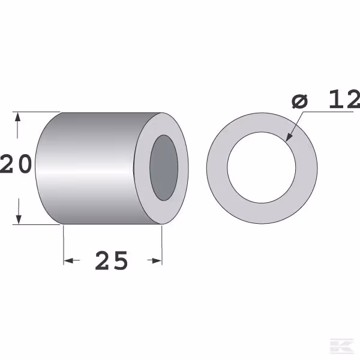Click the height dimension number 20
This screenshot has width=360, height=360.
click(x=16, y=163)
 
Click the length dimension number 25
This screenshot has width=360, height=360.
click(x=112, y=260)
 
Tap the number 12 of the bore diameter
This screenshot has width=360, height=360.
click(x=344, y=99)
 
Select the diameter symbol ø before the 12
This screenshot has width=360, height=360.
click(x=299, y=101)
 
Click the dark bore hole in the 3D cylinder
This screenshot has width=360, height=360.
click(x=164, y=167)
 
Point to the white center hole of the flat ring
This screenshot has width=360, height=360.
click(x=262, y=167)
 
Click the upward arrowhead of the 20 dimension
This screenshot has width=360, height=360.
click(x=17, y=117)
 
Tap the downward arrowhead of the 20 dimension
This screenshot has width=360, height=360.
click(x=19, y=219)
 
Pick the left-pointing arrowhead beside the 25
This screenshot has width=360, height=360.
click(x=68, y=260)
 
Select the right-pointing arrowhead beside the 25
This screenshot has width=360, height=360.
click(x=157, y=260)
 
